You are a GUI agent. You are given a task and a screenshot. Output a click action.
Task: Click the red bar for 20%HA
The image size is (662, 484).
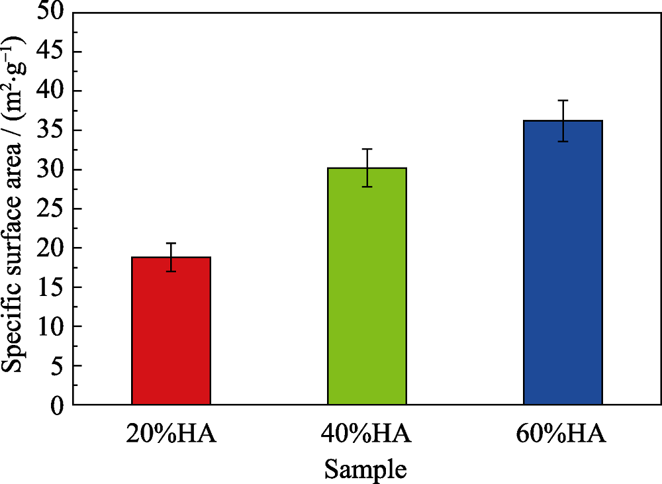(171, 331)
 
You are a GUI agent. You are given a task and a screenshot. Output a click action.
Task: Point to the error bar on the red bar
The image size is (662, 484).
(171, 257)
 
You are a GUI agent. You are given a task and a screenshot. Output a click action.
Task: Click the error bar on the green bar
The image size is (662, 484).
(367, 168)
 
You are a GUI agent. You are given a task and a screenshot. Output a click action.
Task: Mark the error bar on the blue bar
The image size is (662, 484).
(563, 121)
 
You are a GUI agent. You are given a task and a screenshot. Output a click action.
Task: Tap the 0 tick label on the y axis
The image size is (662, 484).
(58, 405)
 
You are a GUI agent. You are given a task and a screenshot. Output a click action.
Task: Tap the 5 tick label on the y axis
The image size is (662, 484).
(58, 365)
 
